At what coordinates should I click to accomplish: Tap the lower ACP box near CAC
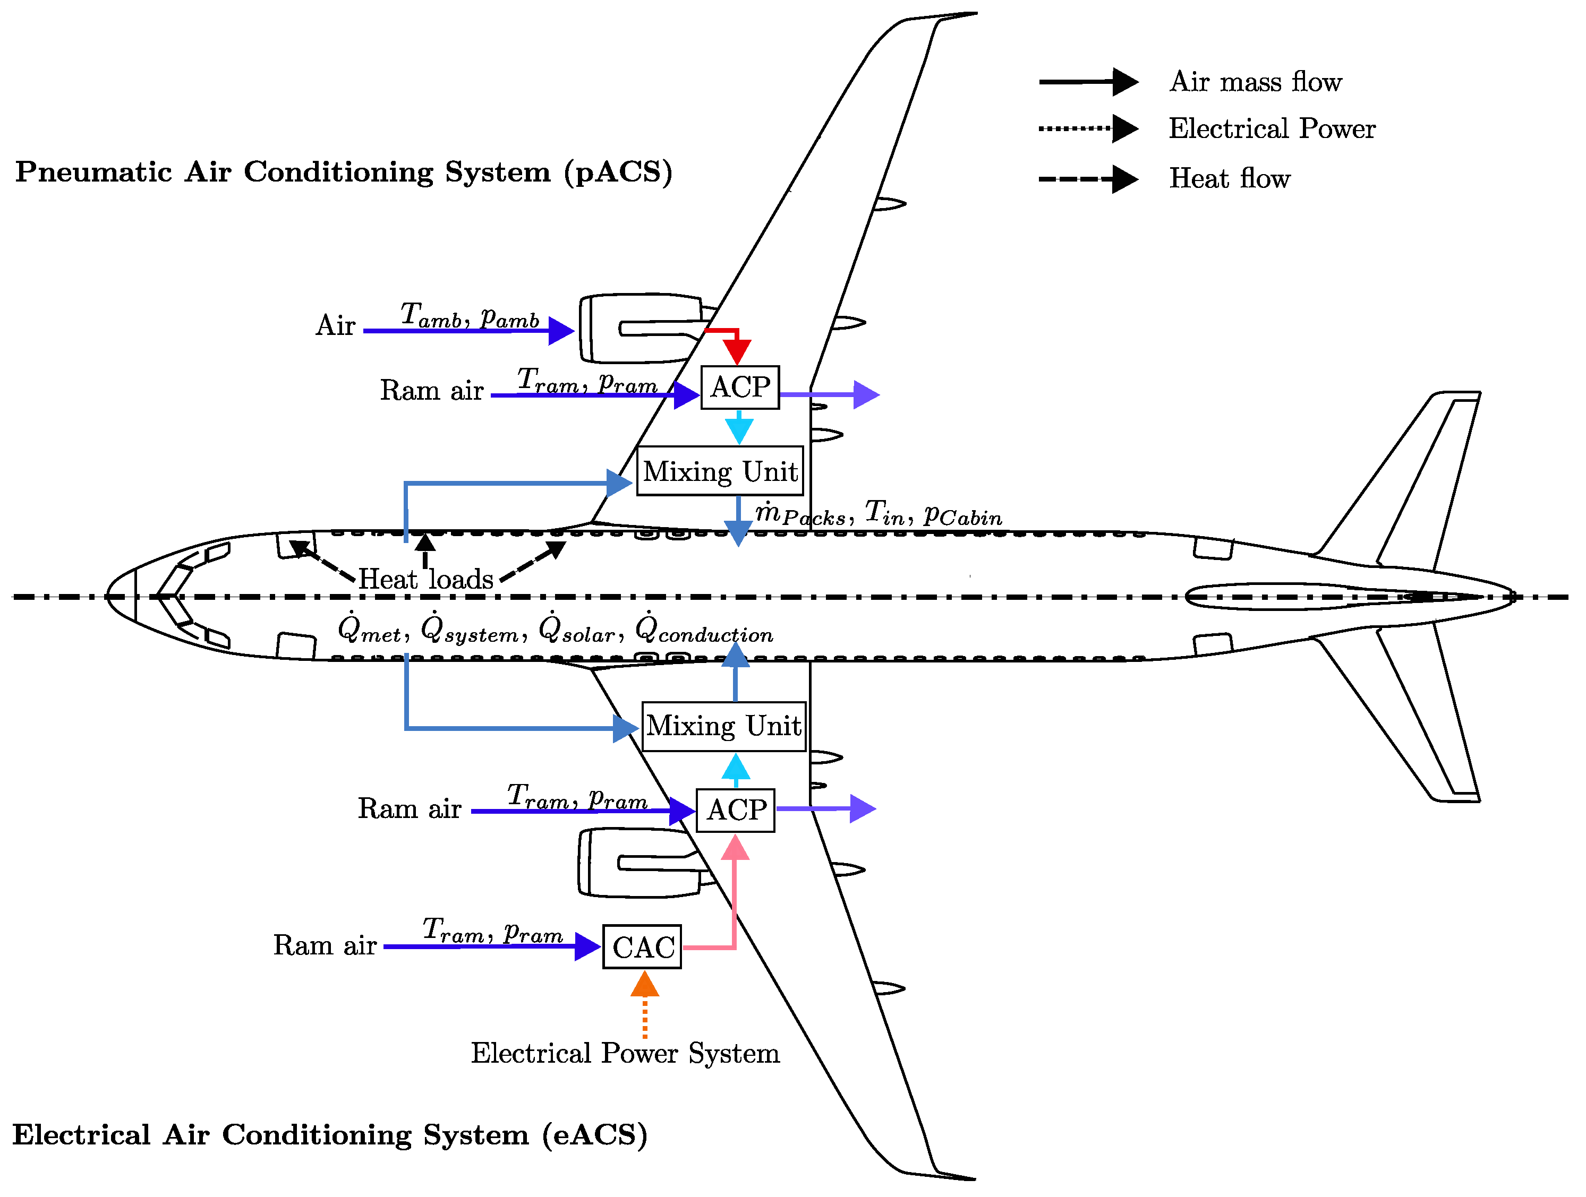pos(736,811)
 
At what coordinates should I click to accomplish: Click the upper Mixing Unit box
pos(720,471)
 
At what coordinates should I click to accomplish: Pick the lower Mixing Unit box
pos(723,726)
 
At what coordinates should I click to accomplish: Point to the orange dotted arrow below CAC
pos(645,1003)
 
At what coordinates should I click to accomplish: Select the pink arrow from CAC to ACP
pos(734,903)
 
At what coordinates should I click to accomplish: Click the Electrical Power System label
pos(625,1053)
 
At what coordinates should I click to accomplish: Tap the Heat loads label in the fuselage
pos(426,579)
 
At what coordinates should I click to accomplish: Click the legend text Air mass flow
pos(1255,82)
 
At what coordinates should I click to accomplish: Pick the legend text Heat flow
pos(1229,178)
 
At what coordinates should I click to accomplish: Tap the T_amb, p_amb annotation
pos(470,315)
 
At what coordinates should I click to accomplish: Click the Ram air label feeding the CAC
pos(325,945)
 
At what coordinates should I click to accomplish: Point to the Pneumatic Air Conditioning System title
pos(344,172)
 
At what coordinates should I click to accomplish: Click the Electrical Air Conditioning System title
pos(330,1135)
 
